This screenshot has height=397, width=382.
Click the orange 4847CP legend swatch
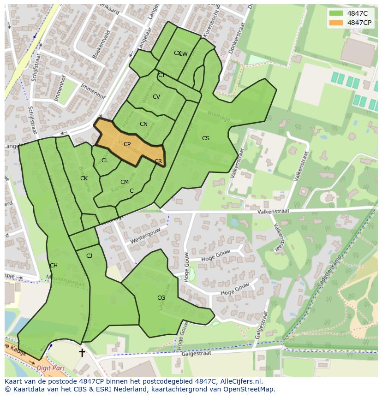(336, 23)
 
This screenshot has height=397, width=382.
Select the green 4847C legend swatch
(336, 13)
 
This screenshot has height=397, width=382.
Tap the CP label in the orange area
(127, 144)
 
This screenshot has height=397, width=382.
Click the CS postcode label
(206, 138)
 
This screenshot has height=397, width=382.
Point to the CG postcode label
(161, 298)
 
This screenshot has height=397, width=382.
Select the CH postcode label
(54, 266)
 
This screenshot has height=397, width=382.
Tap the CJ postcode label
(89, 256)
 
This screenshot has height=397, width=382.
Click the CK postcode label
(84, 178)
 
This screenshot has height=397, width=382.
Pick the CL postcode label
(105, 160)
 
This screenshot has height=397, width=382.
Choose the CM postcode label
(124, 182)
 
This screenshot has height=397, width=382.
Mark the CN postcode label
(143, 124)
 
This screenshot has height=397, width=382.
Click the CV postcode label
(156, 97)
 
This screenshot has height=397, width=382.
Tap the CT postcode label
(161, 75)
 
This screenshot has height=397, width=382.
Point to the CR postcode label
(158, 161)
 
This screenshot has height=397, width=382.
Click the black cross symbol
(82, 353)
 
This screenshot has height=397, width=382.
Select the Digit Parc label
(51, 368)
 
